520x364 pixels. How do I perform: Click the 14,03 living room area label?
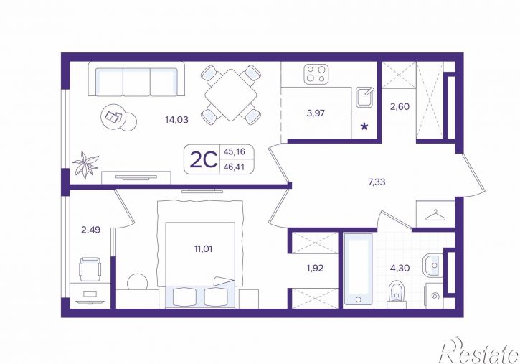pyautogui.click(x=176, y=119)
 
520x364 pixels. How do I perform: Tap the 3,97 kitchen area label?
pyautogui.click(x=316, y=113)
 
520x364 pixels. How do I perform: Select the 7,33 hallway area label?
pyautogui.click(x=377, y=182)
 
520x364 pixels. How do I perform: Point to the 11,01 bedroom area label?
pyautogui.click(x=203, y=248)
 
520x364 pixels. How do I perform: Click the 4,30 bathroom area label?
pyautogui.click(x=400, y=268)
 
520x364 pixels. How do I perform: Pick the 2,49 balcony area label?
pyautogui.click(x=91, y=230)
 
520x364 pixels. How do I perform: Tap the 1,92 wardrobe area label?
pyautogui.click(x=315, y=268)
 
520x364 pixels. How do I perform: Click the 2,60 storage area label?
pyautogui.click(x=400, y=107)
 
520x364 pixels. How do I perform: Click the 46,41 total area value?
pyautogui.click(x=234, y=167)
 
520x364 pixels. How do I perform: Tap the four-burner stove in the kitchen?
pyautogui.click(x=316, y=74)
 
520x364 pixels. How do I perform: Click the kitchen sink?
pyautogui.click(x=365, y=97)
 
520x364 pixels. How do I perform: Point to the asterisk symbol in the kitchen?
pyautogui.click(x=364, y=126)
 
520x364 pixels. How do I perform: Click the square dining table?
pyautogui.click(x=231, y=95)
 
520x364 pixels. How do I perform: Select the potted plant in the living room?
pyautogui.click(x=85, y=164)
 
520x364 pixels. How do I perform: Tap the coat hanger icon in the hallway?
pyautogui.click(x=435, y=216)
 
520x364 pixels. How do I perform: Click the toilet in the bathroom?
pyautogui.click(x=397, y=294)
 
